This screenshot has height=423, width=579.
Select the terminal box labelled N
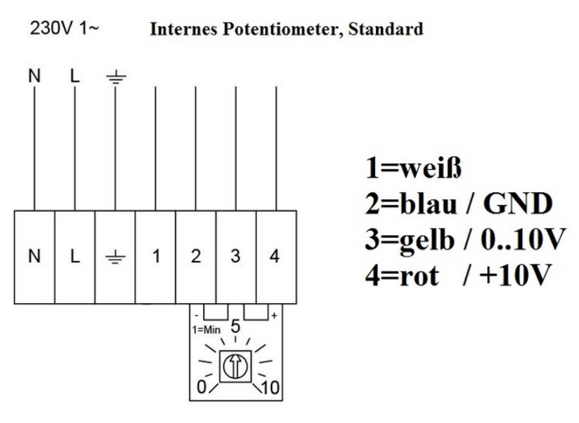click(34, 257)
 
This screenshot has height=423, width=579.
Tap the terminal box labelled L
click(75, 257)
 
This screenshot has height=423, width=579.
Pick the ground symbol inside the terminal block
click(115, 257)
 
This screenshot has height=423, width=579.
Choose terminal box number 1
click(155, 257)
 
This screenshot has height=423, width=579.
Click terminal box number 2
click(196, 257)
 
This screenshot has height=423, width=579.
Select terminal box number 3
click(236, 257)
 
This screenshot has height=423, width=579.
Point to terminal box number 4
click(275, 257)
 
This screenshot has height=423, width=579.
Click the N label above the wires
click(34, 74)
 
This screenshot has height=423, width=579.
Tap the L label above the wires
click(75, 74)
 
